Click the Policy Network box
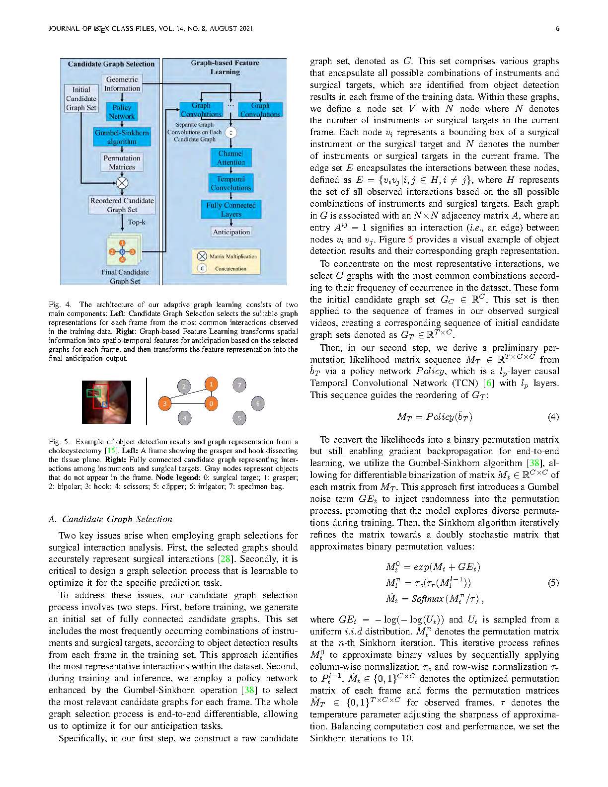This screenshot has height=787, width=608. tap(122, 112)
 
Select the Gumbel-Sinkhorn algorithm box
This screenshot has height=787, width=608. tap(122, 137)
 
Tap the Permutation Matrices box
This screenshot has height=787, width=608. tap(122, 162)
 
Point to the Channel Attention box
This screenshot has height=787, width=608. tap(231, 157)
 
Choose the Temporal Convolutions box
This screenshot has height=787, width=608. tap(231, 183)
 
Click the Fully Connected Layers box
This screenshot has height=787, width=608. tap(231, 209)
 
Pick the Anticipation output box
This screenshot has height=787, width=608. tap(231, 232)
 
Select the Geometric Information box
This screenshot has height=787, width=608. tap(122, 83)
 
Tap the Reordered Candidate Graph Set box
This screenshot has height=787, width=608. tap(122, 205)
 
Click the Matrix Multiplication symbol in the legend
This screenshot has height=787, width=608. tap(202, 256)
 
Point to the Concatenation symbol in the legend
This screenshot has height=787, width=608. tap(202, 269)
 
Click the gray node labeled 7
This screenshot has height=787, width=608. tap(239, 385)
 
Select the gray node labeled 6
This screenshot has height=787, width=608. tap(258, 403)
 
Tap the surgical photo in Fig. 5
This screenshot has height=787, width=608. tap(107, 402)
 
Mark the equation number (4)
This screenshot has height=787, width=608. tap(553, 417)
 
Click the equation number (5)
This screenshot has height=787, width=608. tap(553, 583)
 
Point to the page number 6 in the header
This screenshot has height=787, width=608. tap(557, 29)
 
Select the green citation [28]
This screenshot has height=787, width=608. tap(225, 559)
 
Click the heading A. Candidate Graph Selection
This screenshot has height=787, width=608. tap(110, 519)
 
